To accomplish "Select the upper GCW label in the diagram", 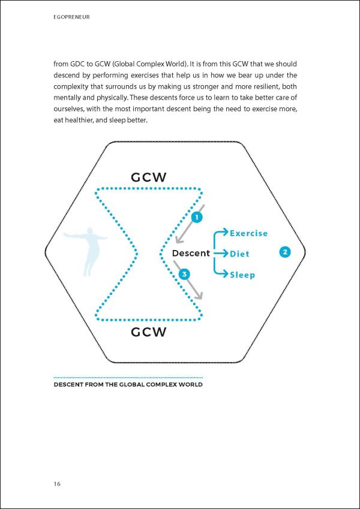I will (x=149, y=177).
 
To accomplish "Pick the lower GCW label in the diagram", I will (x=149, y=332).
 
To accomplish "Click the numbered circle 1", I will (x=196, y=217).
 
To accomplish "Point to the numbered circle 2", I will (x=286, y=252).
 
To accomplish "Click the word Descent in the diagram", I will (x=191, y=253).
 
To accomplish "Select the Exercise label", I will (x=248, y=233).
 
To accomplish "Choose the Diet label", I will (x=239, y=254).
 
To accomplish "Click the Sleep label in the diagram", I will (x=242, y=275).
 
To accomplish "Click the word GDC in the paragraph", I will (x=76, y=63).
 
